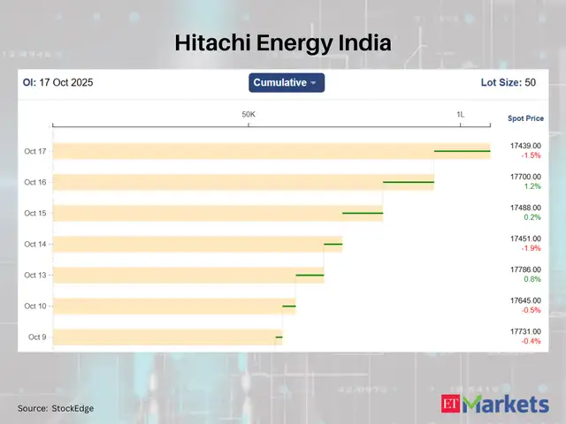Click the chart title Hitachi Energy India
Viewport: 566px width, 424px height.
point(282,42)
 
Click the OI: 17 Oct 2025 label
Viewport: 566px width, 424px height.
point(57,83)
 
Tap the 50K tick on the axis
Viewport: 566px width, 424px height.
point(249,115)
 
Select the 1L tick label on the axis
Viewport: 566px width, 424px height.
point(460,115)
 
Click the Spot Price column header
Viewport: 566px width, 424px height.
point(525,117)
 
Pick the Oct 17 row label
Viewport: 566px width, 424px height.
point(35,151)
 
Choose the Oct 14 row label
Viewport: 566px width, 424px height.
point(35,244)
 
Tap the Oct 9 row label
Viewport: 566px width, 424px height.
point(37,337)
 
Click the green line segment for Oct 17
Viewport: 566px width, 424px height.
point(462,151)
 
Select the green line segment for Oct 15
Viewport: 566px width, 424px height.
point(363,213)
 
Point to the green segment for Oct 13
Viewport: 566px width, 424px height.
point(310,275)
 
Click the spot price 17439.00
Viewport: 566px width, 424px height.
point(525,145)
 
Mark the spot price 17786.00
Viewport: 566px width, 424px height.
point(525,269)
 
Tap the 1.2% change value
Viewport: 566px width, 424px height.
point(531,186)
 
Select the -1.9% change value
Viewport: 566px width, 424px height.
point(531,248)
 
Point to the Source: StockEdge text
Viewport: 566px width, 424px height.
point(56,408)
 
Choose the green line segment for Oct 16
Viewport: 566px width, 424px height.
point(408,182)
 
